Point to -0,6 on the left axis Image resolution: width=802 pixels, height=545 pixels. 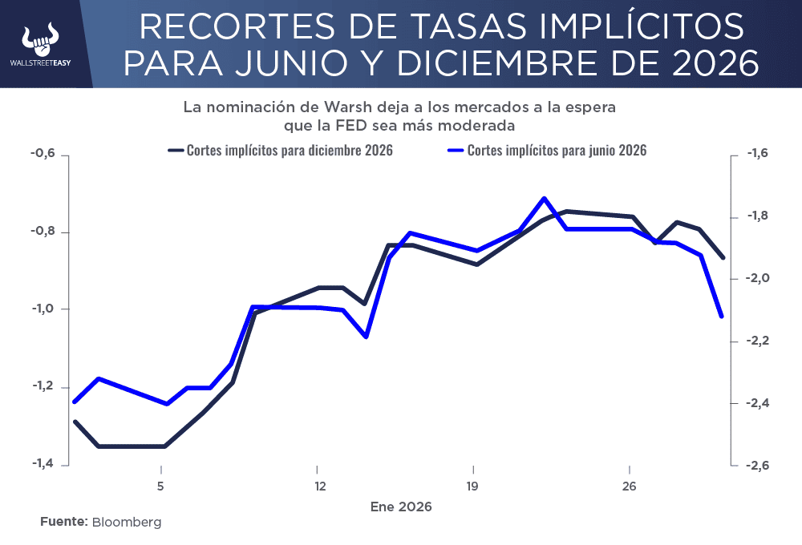(x=43, y=155)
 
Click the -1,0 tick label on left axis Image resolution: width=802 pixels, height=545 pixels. (x=43, y=309)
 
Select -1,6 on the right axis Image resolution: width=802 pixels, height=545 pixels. (x=758, y=155)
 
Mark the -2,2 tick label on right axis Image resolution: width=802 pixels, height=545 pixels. (x=758, y=341)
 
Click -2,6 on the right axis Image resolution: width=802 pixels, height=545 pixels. (x=758, y=465)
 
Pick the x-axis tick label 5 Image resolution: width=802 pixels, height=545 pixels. (x=161, y=486)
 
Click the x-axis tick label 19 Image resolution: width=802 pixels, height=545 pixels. (x=473, y=486)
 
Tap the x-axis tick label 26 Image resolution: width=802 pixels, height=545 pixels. (x=630, y=486)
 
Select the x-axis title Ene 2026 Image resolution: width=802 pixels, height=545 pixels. (x=400, y=507)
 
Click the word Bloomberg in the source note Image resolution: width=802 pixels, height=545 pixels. (x=127, y=522)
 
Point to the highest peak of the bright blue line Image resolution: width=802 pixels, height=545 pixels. (x=544, y=198)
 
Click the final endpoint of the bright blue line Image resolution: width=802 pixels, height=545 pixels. (x=722, y=317)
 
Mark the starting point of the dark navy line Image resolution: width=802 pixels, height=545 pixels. (x=75, y=422)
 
